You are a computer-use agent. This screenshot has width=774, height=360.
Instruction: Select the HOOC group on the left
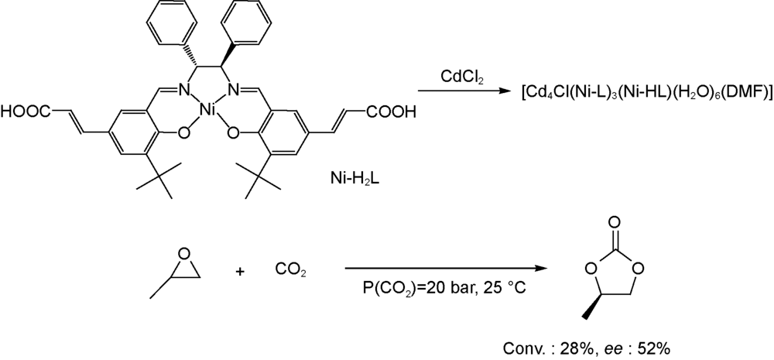click(26, 126)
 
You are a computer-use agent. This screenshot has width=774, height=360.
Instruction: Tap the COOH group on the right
click(391, 126)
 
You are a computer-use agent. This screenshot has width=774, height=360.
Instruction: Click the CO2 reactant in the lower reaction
click(291, 272)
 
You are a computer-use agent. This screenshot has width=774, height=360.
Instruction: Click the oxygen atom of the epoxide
click(183, 255)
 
